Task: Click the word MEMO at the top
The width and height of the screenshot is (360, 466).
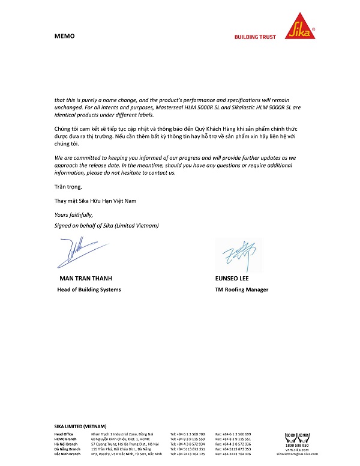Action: pos(64,36)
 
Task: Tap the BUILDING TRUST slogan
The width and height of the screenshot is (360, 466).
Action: pos(255,37)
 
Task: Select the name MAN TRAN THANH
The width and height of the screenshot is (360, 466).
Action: pos(86,279)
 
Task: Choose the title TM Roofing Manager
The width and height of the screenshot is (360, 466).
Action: pos(242,289)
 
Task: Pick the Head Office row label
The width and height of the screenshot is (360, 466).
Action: pos(64,434)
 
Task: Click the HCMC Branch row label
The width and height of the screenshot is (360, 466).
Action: pos(65,439)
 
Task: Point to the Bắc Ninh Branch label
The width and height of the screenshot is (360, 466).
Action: pos(67,454)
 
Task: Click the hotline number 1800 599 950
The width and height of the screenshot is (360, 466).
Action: pos(297,445)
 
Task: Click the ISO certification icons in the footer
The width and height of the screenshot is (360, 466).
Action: pos(297,436)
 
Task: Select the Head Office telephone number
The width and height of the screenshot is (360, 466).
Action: pos(187,434)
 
